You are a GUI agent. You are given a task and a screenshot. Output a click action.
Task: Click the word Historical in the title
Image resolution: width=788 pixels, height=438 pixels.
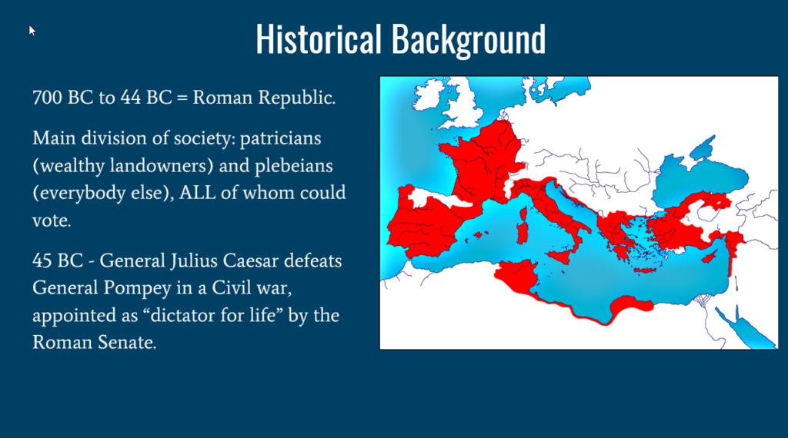319,39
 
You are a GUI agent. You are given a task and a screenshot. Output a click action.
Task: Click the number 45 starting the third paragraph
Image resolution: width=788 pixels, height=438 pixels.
42,261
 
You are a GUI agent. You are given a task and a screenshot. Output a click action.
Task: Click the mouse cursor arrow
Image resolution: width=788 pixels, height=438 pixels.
32,31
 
